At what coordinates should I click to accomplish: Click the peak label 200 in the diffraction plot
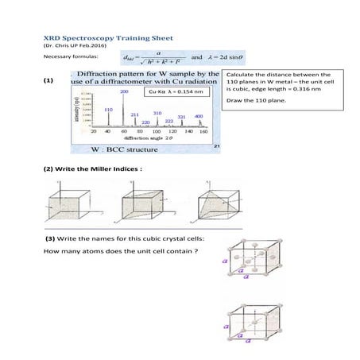[x=124, y=91]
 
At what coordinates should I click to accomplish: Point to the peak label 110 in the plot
[x=108, y=109]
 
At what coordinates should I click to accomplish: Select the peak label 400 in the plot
[x=199, y=116]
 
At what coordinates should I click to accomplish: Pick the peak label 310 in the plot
[x=157, y=113]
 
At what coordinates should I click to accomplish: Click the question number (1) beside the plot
[x=49, y=81]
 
